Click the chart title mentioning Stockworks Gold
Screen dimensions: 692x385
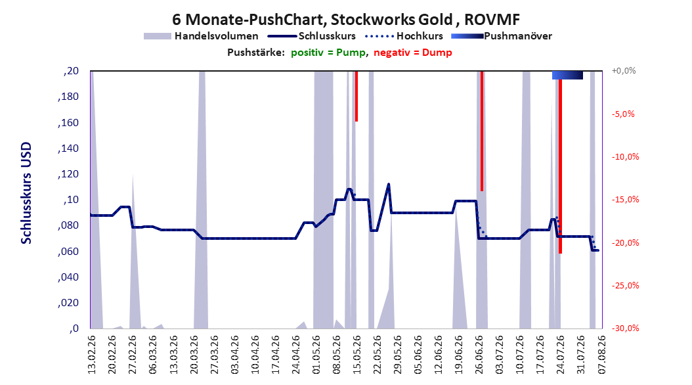tap(346, 20)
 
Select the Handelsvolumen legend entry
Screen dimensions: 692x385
tap(201, 36)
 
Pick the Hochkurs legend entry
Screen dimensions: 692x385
tap(404, 36)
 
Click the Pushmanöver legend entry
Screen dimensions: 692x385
tap(502, 36)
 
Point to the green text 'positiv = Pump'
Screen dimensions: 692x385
tap(328, 53)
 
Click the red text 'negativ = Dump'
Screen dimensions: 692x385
tap(413, 53)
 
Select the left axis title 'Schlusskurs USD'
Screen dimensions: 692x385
tap(26, 193)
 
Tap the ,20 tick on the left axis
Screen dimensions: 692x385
tap(71, 71)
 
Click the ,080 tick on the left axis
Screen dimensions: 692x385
tap(68, 225)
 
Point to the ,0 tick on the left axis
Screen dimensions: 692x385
tap(74, 328)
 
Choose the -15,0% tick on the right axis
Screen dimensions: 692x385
tap(625, 200)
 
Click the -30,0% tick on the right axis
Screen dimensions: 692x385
tap(625, 328)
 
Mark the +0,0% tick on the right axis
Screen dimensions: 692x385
tap(624, 71)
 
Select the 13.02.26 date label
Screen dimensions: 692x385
tap(92, 355)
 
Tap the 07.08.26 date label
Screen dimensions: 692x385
tap(601, 355)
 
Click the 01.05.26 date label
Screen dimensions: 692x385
tap(316, 355)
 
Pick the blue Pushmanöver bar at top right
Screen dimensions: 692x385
tap(567, 75)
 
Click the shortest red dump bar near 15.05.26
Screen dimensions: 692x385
tap(356, 96)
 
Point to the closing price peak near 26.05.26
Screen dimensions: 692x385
tap(389, 184)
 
